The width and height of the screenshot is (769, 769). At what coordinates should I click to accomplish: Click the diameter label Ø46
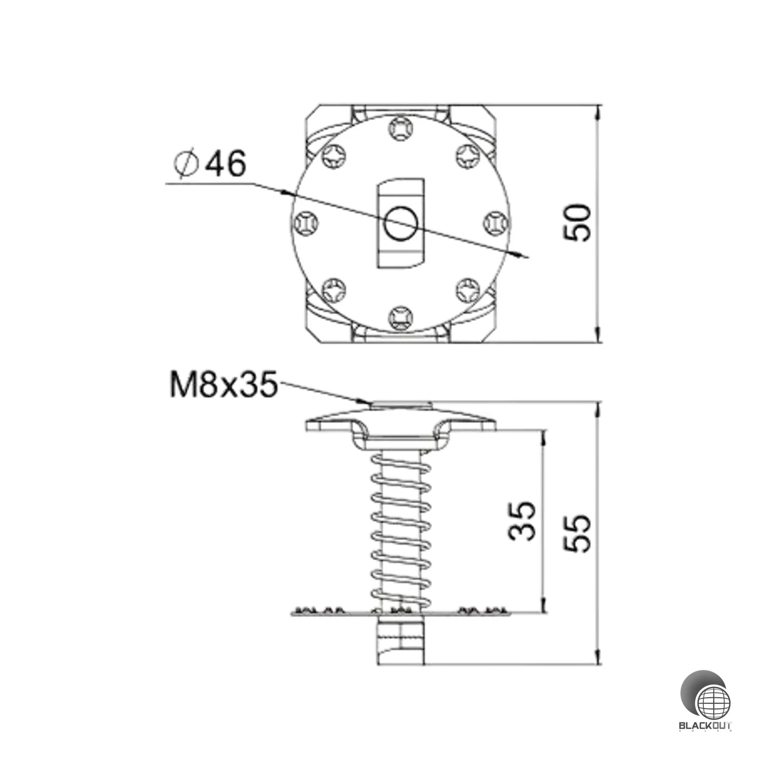(x=209, y=164)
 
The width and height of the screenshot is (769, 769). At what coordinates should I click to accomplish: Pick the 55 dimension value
(x=578, y=533)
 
